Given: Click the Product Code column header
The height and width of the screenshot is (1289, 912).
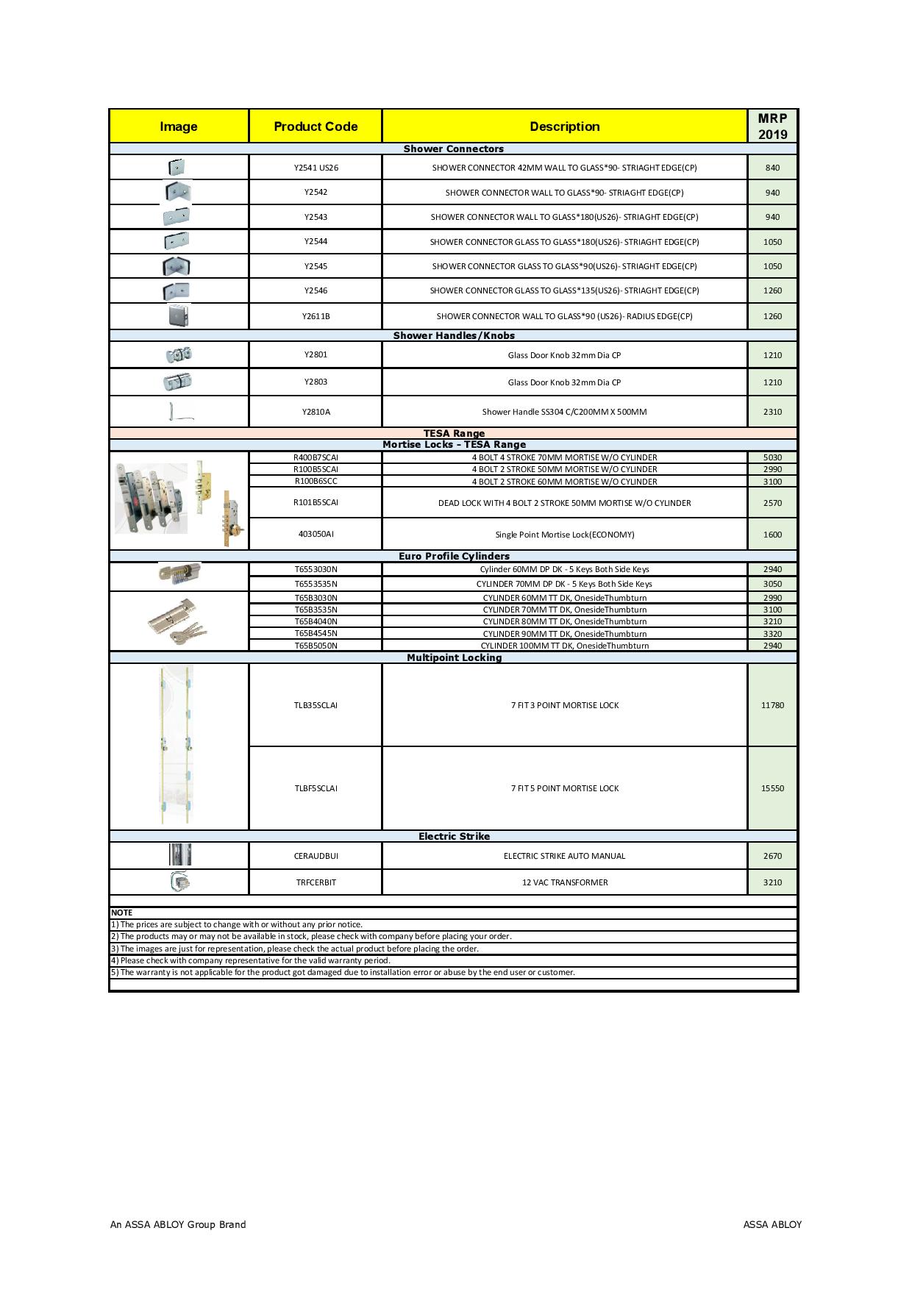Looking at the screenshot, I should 316,126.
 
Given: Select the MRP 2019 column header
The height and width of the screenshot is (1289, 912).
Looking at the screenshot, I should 772,126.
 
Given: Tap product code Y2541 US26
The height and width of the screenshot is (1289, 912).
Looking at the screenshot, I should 316,168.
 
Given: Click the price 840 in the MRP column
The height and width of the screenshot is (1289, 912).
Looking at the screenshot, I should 772,168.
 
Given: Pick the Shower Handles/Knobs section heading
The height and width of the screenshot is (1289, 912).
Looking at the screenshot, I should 454,336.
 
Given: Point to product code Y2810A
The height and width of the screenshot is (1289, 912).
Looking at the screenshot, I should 316,412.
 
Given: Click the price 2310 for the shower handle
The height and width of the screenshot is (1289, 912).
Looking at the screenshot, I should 772,412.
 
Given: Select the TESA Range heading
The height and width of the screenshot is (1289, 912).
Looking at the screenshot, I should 454,433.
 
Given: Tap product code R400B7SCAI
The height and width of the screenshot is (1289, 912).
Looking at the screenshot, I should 316,457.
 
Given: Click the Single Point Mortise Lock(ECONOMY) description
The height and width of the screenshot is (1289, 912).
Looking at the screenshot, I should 565,535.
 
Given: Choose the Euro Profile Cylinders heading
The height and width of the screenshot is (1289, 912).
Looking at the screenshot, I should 454,557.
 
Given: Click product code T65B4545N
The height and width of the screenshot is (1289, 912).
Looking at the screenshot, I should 316,634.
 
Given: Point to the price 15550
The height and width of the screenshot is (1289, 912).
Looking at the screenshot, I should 772,788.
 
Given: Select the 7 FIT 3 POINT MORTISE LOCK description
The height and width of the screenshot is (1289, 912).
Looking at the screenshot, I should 565,705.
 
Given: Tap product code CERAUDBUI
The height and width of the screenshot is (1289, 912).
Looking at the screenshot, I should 316,856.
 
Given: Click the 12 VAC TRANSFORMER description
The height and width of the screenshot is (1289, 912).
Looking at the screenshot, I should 565,882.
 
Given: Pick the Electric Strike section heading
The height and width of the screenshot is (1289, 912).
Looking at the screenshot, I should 454,837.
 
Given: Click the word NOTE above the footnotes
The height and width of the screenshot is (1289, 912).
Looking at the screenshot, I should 122,913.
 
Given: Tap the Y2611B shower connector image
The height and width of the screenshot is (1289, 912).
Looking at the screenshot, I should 179,316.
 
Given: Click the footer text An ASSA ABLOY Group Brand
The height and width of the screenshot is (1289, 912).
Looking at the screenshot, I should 178,1224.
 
